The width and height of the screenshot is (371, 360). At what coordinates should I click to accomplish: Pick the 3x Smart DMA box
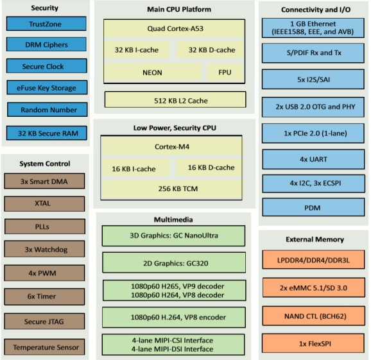click(x=44, y=181)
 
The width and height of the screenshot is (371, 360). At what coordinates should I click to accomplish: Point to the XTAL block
click(x=44, y=203)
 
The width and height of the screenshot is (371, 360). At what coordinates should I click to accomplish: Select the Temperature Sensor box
click(x=44, y=347)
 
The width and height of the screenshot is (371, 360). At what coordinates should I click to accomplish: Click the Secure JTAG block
click(x=44, y=320)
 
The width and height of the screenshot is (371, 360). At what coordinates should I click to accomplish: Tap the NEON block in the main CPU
click(x=151, y=73)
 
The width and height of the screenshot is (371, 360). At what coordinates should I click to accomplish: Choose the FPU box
click(x=225, y=73)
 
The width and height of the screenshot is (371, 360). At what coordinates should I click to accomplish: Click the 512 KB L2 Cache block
click(x=175, y=99)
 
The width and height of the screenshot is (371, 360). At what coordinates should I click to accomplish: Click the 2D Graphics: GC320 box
click(x=173, y=262)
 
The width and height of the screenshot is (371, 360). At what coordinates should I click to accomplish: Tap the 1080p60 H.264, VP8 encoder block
click(x=173, y=317)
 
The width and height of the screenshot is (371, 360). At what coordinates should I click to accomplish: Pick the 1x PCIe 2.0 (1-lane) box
click(x=313, y=133)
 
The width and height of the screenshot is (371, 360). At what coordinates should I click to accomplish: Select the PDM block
click(x=313, y=207)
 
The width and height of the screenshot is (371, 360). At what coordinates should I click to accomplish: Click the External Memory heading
click(x=313, y=239)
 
